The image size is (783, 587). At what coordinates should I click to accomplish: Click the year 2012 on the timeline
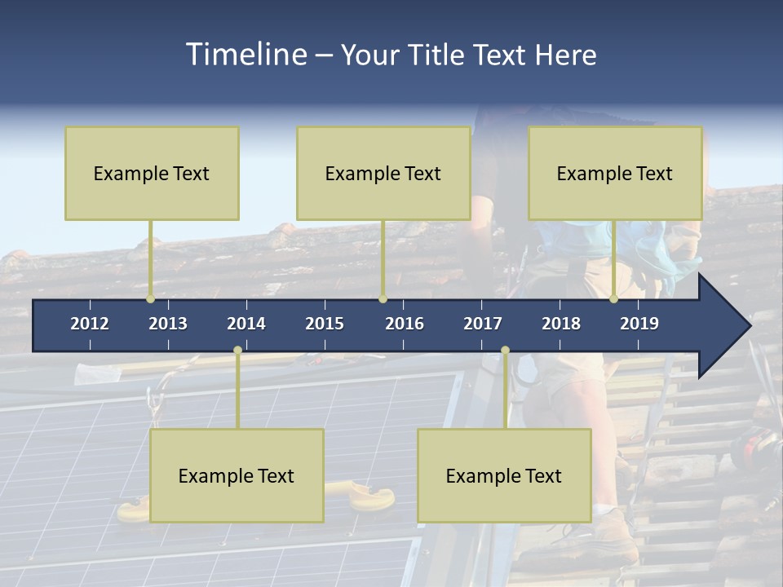(90, 324)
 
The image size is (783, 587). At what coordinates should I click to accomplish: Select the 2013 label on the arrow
(168, 324)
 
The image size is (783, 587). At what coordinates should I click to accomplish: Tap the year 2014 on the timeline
(246, 324)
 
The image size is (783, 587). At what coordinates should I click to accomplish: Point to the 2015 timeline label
(325, 324)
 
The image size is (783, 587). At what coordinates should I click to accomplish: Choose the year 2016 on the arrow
(405, 324)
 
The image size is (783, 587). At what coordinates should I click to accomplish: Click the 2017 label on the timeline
(483, 324)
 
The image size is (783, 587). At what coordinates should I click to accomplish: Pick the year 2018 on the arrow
(561, 324)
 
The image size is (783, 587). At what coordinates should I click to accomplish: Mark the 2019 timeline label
(639, 324)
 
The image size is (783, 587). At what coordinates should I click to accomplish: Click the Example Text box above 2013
(152, 173)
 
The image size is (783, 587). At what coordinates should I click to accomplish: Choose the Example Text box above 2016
(383, 173)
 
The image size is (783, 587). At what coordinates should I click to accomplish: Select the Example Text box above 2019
(615, 173)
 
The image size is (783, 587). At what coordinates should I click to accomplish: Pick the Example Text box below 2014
(237, 475)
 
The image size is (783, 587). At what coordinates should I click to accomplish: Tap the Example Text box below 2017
(504, 475)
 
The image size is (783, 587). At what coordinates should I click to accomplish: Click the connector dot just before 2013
(150, 299)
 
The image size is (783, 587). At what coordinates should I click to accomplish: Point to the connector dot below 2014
(237, 351)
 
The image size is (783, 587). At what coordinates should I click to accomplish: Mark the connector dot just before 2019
(613, 299)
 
